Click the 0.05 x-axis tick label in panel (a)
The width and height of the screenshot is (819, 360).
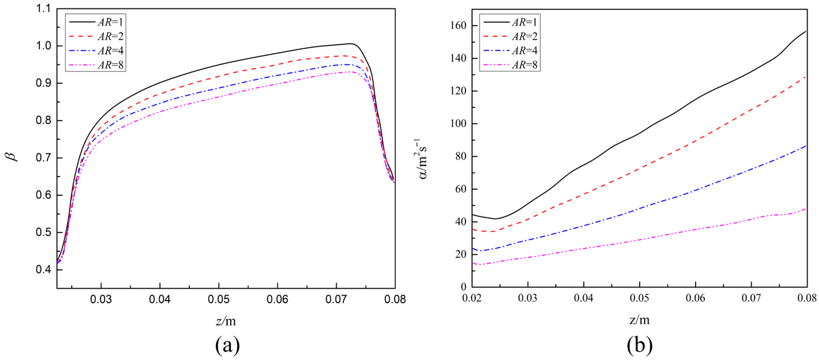pos(219,299)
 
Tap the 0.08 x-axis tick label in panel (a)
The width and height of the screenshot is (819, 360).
pos(395,299)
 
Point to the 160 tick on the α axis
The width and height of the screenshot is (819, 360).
pos(458,26)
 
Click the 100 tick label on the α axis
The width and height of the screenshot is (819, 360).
pos(458,123)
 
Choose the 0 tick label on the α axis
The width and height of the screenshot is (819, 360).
pos(463,287)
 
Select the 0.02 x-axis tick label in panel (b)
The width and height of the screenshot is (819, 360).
pos(472,298)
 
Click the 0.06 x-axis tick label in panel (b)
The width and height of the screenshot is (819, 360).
pos(695,298)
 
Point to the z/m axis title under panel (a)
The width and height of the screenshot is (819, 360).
pos(226,321)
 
